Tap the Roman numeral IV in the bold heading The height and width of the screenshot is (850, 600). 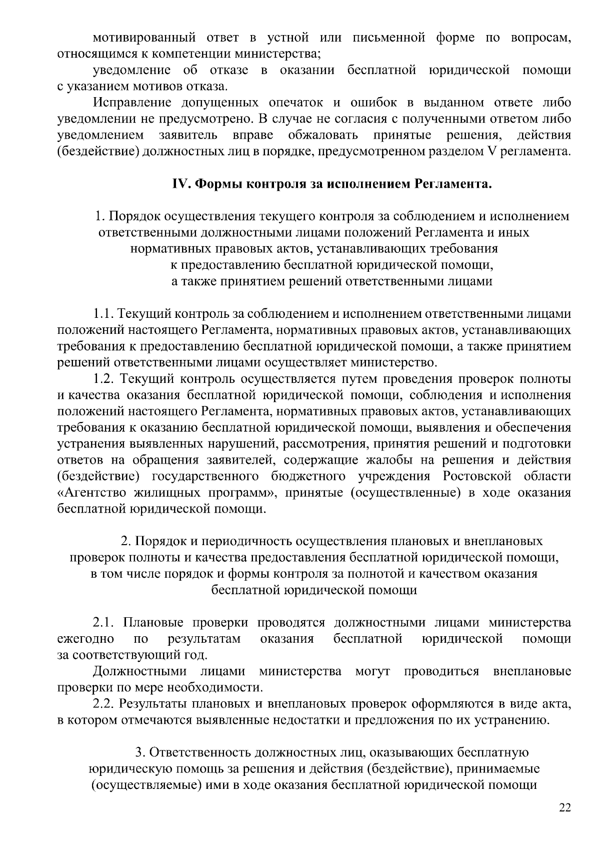coord(179,184)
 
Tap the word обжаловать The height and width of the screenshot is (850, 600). coord(322,135)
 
